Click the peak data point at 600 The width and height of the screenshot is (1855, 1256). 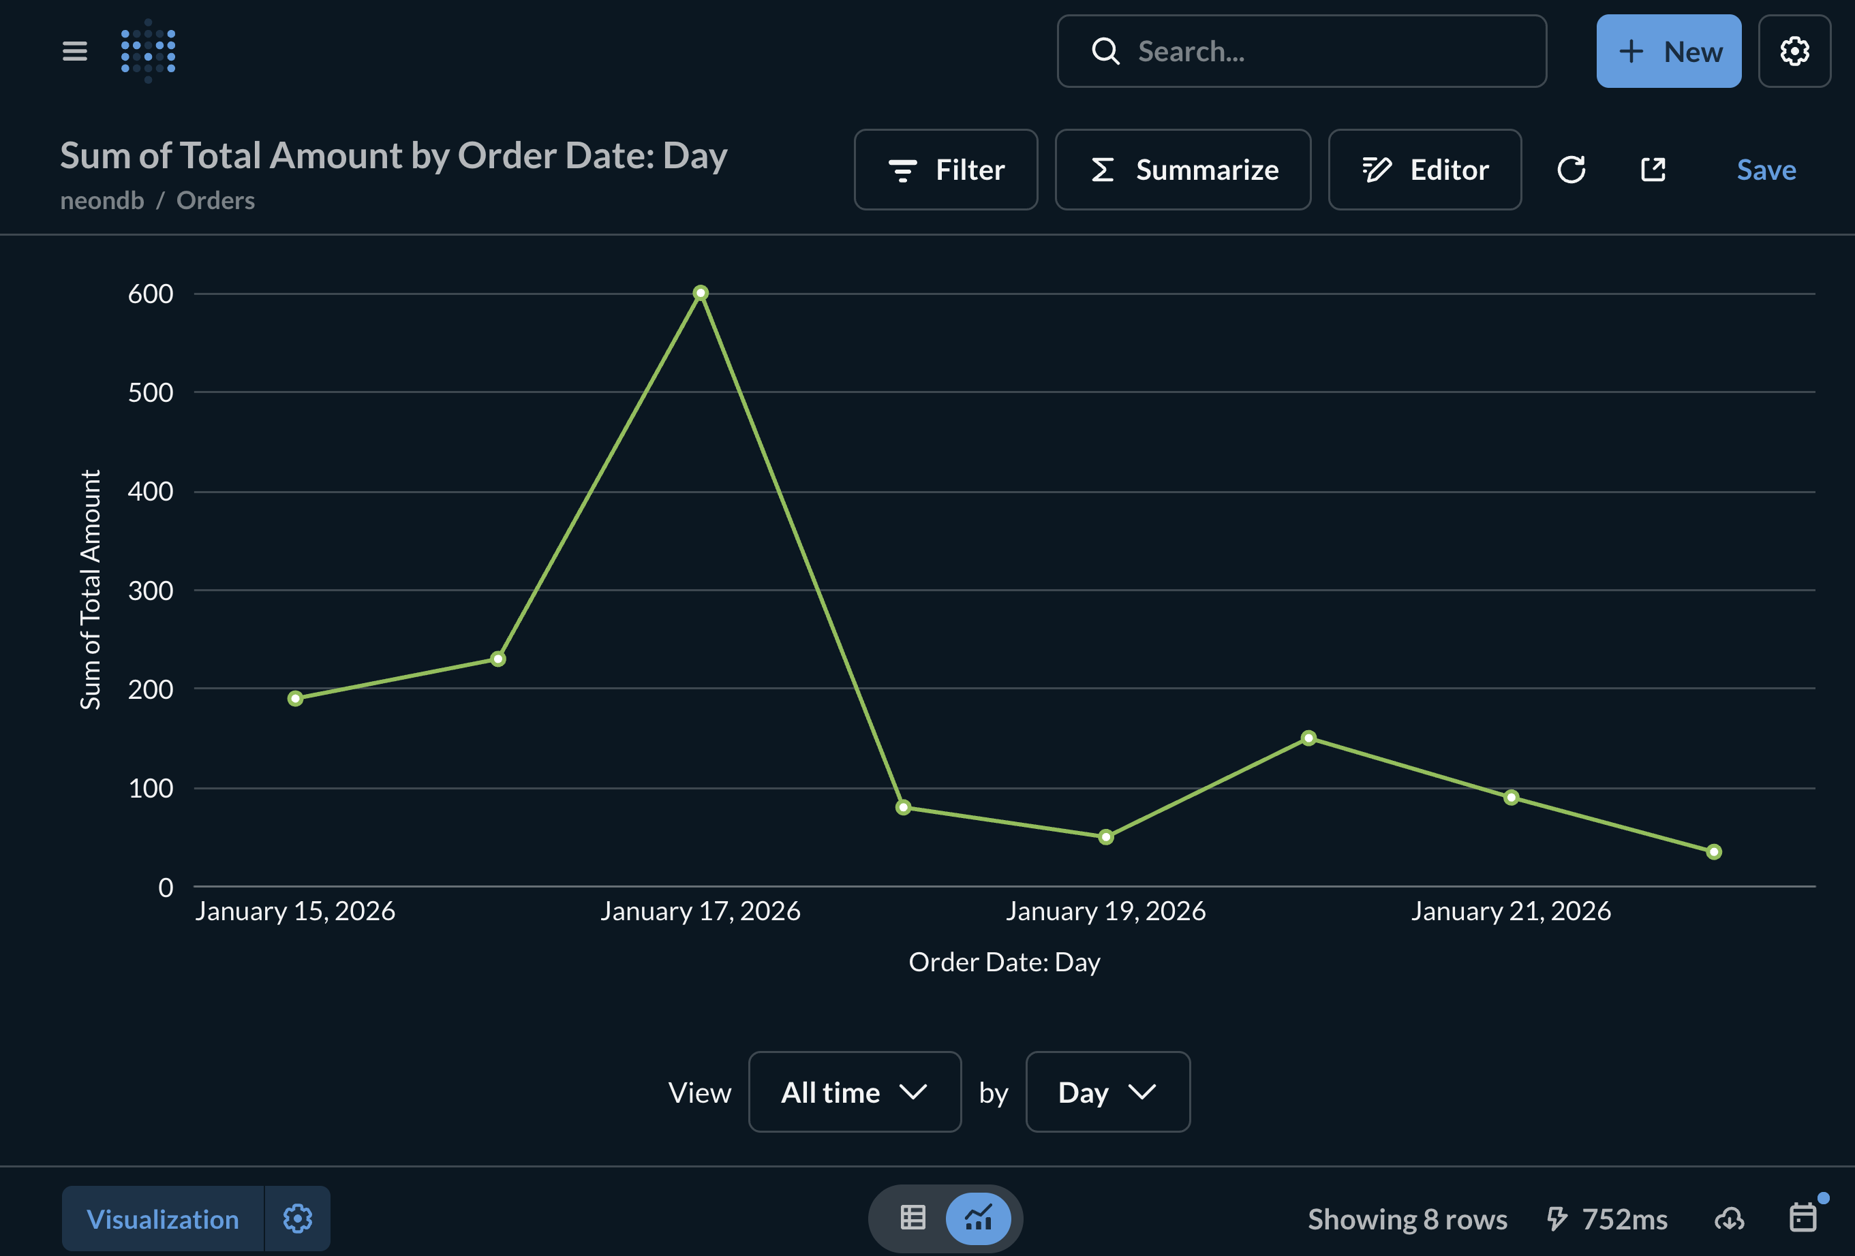coord(700,293)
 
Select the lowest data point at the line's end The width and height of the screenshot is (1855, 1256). coord(1714,851)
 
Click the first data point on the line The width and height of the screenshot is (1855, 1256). coord(295,698)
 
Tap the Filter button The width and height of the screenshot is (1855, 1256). coord(946,170)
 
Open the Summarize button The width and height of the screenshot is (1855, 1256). coord(1183,170)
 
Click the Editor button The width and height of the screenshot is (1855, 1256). coord(1425,170)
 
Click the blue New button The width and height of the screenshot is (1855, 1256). coord(1668,52)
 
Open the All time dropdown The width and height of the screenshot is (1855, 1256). coord(854,1092)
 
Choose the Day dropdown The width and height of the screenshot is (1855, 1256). coord(1107,1092)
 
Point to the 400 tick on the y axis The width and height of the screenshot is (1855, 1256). coord(151,492)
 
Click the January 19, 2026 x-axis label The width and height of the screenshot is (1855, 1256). coord(1105,911)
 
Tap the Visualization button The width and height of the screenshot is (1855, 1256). coord(163,1219)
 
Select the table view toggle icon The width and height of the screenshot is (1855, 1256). coord(913,1218)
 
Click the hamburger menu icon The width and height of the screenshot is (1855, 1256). coord(75,52)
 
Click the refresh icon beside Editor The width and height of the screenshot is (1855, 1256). coord(1571,170)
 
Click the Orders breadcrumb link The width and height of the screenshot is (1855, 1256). coord(215,200)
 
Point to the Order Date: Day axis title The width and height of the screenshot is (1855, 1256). coord(1004,962)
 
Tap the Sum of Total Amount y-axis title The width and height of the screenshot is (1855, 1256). coord(90,589)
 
